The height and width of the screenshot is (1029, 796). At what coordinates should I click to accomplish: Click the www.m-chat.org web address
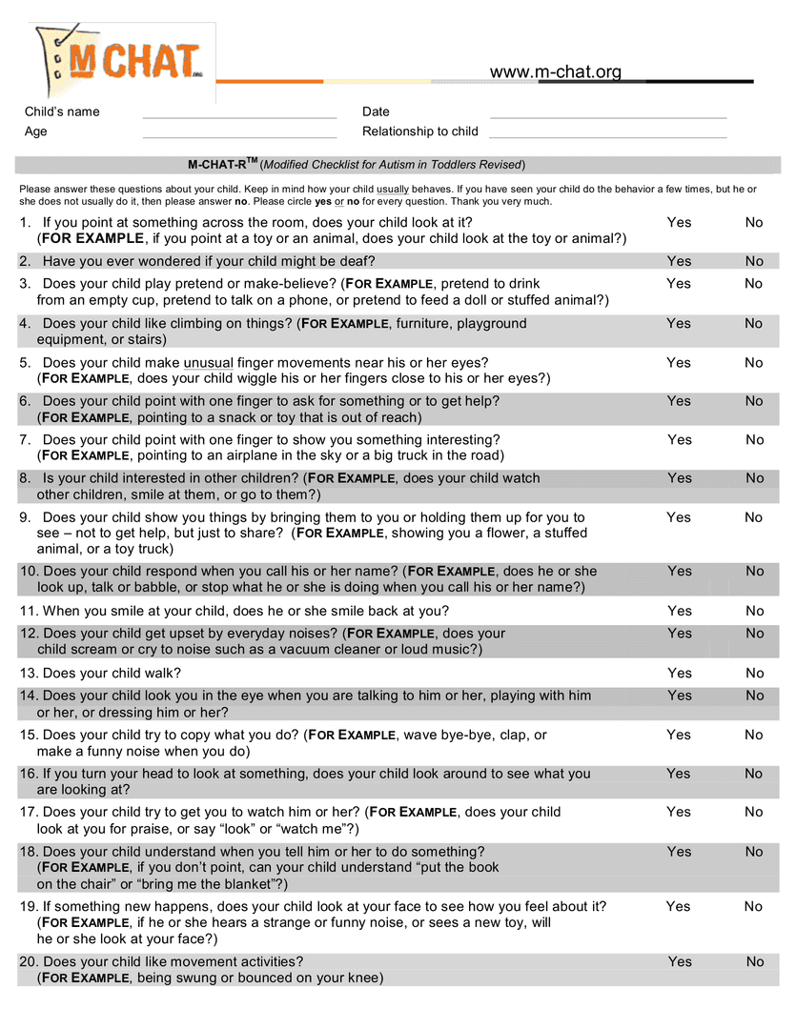pos(555,72)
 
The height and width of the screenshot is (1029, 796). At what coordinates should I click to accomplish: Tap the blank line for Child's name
pos(239,116)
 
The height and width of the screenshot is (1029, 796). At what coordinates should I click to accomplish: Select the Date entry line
pos(607,116)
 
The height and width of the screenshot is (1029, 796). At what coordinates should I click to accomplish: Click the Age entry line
pos(239,136)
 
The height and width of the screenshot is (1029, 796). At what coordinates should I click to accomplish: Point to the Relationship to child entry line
pos(607,136)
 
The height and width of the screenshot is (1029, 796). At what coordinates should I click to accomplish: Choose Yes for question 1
pos(679,222)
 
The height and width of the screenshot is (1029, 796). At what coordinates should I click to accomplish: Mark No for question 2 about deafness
pos(754,261)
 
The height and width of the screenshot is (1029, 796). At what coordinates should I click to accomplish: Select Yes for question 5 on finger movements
pos(679,362)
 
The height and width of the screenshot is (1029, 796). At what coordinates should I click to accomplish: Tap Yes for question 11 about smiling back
pos(680,611)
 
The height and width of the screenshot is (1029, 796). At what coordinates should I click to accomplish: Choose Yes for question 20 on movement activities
pos(680,961)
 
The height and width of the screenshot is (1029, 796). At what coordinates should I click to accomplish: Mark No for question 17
pos(754,812)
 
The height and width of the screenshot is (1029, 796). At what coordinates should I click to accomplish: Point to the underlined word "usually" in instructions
pos(393,190)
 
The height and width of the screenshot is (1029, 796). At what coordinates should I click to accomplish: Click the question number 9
pos(25,517)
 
